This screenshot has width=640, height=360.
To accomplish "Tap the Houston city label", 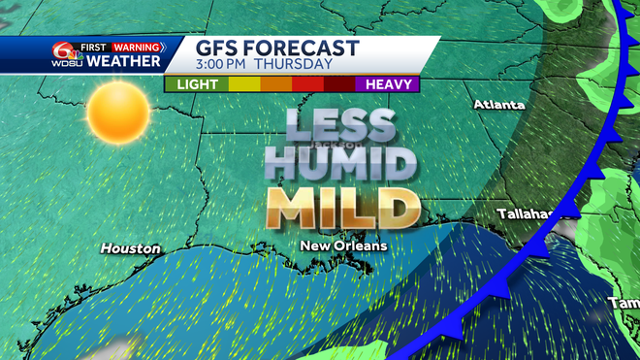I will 130,249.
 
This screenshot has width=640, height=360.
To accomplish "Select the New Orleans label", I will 343,246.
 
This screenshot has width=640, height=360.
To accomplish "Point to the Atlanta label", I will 498,104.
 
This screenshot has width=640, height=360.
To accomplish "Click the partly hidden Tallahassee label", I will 525,213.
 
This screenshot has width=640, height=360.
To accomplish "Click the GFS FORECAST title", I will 276,49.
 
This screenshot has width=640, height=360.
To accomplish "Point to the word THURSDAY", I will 302,65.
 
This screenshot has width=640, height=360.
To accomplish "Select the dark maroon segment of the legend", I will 339,84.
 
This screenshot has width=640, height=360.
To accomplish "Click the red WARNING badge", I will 137,47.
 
